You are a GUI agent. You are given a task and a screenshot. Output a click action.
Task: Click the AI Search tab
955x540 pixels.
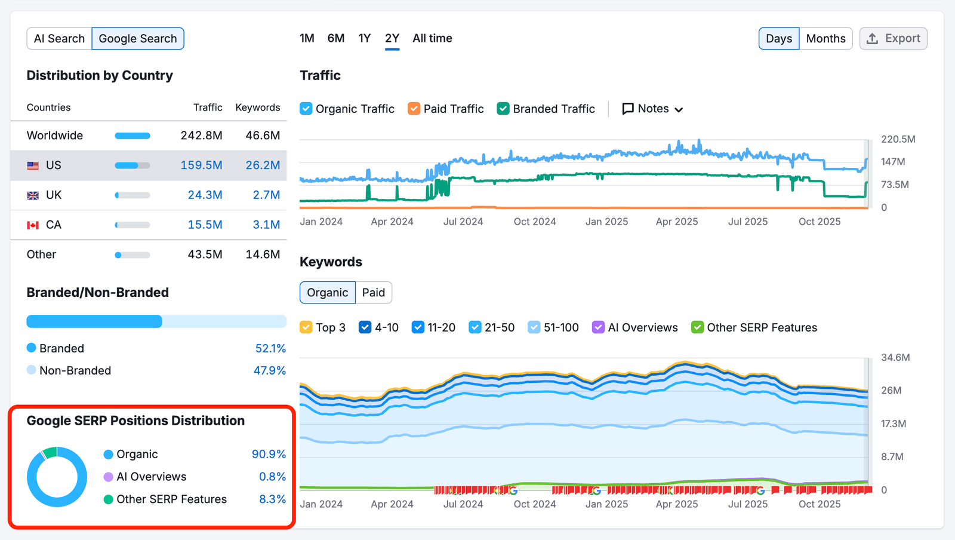point(59,39)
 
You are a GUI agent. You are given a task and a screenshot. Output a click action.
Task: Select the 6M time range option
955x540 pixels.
point(335,38)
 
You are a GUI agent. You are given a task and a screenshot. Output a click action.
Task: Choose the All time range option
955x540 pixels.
point(432,38)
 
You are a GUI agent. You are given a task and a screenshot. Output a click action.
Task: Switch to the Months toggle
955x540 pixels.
point(825,39)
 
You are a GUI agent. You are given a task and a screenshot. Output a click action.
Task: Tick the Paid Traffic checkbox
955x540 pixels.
point(414,109)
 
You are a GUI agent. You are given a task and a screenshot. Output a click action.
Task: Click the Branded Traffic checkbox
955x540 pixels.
point(503,109)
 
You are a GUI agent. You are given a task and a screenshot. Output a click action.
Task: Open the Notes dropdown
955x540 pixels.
point(652,109)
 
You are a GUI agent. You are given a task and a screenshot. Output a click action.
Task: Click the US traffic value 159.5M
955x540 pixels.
point(201,165)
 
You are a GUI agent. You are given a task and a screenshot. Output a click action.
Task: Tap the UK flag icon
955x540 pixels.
point(33,195)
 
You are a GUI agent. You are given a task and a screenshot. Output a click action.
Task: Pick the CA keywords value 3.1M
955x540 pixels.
point(266,225)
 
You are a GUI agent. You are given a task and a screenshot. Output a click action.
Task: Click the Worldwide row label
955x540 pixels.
point(55,136)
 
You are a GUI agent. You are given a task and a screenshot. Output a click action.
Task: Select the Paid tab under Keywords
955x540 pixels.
point(373,293)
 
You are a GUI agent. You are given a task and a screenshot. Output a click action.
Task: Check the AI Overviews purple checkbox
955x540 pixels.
point(598,327)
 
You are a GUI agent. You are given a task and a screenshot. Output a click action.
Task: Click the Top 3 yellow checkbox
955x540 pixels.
point(306,327)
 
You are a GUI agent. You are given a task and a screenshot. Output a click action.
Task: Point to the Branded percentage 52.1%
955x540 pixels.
point(270,348)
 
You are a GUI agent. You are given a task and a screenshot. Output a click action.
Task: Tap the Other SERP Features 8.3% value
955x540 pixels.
point(272,499)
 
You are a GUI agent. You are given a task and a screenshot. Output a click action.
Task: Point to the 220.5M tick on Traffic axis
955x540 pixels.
point(898,139)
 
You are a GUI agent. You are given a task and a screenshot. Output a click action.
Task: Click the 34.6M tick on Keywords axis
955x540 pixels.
point(895,358)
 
